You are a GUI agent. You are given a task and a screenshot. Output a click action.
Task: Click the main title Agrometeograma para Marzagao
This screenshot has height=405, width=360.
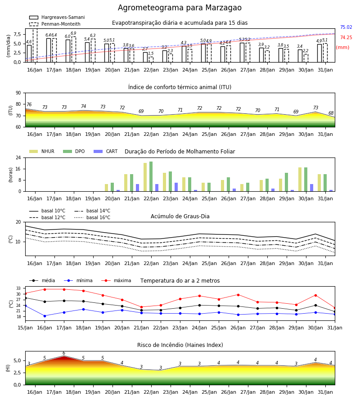click(180, 8)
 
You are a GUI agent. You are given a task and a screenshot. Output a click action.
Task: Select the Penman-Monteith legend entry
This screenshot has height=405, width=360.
click(55, 24)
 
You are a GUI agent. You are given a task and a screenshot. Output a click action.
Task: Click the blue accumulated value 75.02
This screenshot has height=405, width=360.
click(346, 27)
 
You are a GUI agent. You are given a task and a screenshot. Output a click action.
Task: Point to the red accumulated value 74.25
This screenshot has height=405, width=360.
click(346, 37)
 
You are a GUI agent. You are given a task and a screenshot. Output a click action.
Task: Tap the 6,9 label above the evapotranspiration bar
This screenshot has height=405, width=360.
click(73, 33)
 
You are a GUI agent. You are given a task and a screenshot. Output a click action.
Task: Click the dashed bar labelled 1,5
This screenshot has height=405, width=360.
click(151, 60)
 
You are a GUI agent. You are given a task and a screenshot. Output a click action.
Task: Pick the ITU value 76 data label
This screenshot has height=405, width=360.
click(29, 104)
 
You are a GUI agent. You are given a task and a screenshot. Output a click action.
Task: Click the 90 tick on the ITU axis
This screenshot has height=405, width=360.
click(18, 93)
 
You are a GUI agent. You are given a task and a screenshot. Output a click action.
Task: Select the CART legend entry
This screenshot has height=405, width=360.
click(106, 151)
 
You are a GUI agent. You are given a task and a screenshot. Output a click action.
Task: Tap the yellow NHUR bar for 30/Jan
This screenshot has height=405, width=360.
click(300, 180)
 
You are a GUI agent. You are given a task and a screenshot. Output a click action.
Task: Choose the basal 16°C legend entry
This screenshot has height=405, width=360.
click(92, 217)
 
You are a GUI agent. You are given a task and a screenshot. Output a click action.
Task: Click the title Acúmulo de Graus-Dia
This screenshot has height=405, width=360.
click(180, 216)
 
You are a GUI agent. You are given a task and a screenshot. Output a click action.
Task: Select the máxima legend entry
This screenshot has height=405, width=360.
click(117, 280)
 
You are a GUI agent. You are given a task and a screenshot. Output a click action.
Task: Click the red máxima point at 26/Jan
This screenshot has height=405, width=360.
click(238, 295)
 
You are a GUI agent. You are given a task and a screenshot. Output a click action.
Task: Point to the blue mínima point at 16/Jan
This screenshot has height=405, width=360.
click(45, 316)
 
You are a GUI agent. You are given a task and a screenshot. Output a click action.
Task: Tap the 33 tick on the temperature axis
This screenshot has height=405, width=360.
click(18, 288)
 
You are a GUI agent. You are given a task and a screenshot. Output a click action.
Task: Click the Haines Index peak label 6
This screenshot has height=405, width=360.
click(64, 353)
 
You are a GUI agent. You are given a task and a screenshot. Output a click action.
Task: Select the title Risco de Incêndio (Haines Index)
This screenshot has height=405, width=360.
click(180, 345)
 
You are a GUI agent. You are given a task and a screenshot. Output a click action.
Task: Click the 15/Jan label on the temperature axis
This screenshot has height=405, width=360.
click(25, 328)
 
